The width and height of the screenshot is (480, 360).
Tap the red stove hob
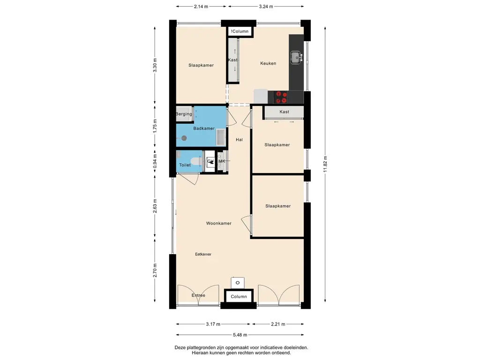(281, 97)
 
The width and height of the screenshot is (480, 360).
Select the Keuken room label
(268, 63)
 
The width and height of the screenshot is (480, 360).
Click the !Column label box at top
(240, 31)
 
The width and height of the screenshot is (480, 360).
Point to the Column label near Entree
(239, 296)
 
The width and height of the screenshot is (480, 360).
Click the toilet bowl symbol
(196, 161)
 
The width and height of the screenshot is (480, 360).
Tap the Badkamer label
(204, 128)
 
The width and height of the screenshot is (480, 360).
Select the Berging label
(184, 114)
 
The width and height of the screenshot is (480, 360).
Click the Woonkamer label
(218, 223)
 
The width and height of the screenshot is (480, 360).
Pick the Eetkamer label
(203, 254)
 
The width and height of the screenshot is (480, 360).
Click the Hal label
(239, 140)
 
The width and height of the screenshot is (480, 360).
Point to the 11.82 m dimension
(325, 164)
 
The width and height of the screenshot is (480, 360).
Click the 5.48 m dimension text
(240, 335)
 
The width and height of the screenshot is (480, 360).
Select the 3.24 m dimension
(266, 6)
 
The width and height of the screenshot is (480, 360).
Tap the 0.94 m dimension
(155, 161)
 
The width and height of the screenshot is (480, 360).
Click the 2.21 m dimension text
(278, 324)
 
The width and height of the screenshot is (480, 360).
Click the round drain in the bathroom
(184, 138)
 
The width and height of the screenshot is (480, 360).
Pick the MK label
(222, 161)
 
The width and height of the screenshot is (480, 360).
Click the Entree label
(198, 295)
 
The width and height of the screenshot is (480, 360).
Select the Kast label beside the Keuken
(232, 60)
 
